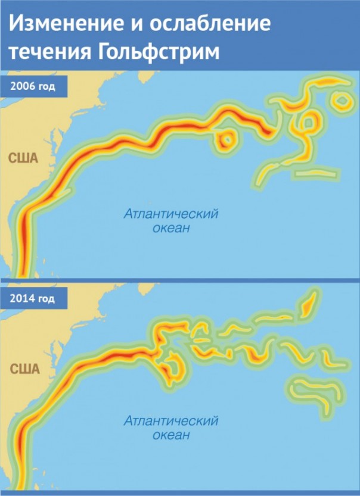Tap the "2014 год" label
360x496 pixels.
33,298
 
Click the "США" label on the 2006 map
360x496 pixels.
23,158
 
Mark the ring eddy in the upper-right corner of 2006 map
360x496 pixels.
341,101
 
